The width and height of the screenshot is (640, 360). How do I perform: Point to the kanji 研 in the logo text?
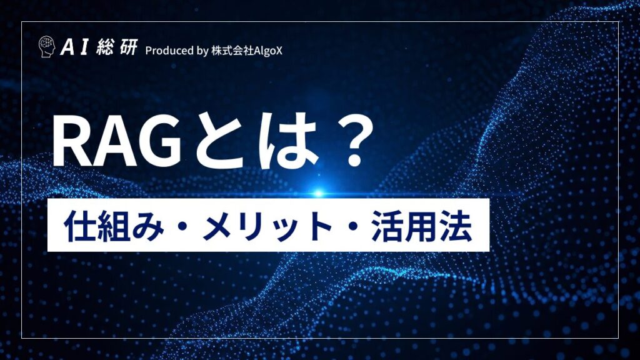coord(127,49)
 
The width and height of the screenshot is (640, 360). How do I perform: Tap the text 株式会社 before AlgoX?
coord(231,50)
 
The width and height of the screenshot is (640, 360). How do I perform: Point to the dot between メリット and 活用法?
coord(355,226)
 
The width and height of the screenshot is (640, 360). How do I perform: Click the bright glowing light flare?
coord(318,192)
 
